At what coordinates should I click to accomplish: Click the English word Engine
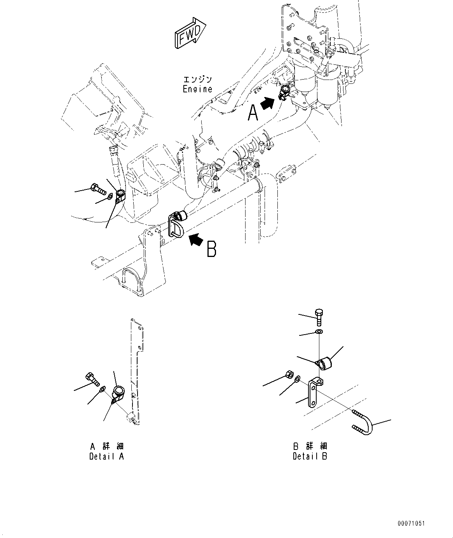[x=198, y=89]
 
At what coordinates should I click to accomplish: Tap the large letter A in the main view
[x=253, y=113]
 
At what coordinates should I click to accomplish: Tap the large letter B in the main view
[x=212, y=249]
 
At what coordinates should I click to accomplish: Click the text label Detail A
[x=106, y=456]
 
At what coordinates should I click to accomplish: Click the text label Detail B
[x=310, y=456]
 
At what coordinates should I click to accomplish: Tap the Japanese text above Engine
[x=198, y=79]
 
